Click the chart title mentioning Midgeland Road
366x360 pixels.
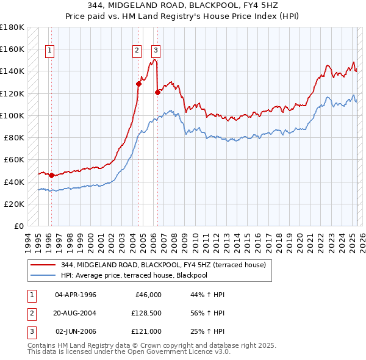[182, 5]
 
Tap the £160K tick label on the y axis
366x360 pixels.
[12, 49]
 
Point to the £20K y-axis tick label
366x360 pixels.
[14, 204]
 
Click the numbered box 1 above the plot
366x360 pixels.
[49, 51]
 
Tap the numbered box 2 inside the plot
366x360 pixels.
[137, 51]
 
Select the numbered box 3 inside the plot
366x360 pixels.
[156, 51]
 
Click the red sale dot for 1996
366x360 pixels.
[52, 175]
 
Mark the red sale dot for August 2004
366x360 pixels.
[139, 84]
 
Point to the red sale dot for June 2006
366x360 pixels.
[158, 92]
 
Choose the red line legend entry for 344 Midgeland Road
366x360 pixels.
[163, 265]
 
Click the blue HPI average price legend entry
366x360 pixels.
[143, 275]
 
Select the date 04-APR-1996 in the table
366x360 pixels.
[76, 295]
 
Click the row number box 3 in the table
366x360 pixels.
[30, 331]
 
